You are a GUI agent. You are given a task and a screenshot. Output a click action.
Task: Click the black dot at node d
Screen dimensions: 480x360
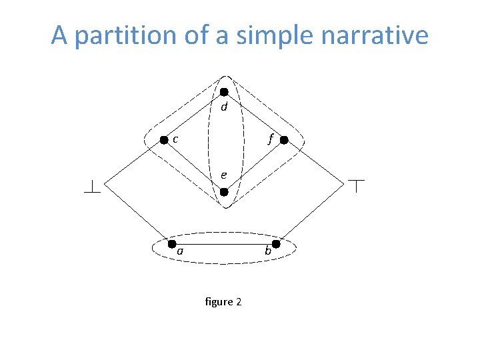tap(225, 91)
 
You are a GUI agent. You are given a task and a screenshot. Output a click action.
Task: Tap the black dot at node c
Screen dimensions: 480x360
tap(163, 140)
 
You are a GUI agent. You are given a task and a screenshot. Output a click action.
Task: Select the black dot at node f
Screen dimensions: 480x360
tap(283, 141)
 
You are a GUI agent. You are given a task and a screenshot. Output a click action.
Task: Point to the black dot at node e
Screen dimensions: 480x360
tap(225, 192)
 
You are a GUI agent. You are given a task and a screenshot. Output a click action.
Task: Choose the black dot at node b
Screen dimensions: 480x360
tap(276, 245)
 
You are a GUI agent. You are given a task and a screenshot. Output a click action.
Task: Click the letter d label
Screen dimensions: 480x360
tap(225, 107)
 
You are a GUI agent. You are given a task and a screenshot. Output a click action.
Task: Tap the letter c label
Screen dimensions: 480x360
tap(175, 139)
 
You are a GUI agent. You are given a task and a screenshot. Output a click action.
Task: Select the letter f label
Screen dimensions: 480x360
tap(270, 139)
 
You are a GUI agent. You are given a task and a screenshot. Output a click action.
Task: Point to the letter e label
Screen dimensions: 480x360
tap(225, 175)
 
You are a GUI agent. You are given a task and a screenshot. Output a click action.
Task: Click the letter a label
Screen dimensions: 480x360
tap(180, 251)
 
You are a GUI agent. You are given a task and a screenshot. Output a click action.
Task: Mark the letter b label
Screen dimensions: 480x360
tap(268, 251)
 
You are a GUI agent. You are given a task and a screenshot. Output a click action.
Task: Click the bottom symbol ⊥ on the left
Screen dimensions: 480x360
tap(91, 187)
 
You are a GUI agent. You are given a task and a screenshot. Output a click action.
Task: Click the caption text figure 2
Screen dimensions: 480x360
tap(224, 302)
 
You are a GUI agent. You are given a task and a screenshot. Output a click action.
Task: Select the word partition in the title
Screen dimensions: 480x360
tap(137, 35)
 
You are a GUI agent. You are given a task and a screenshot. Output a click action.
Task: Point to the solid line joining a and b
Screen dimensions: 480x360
tap(223, 245)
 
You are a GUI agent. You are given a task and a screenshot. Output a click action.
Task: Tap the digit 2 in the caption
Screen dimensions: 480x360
tap(238, 302)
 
